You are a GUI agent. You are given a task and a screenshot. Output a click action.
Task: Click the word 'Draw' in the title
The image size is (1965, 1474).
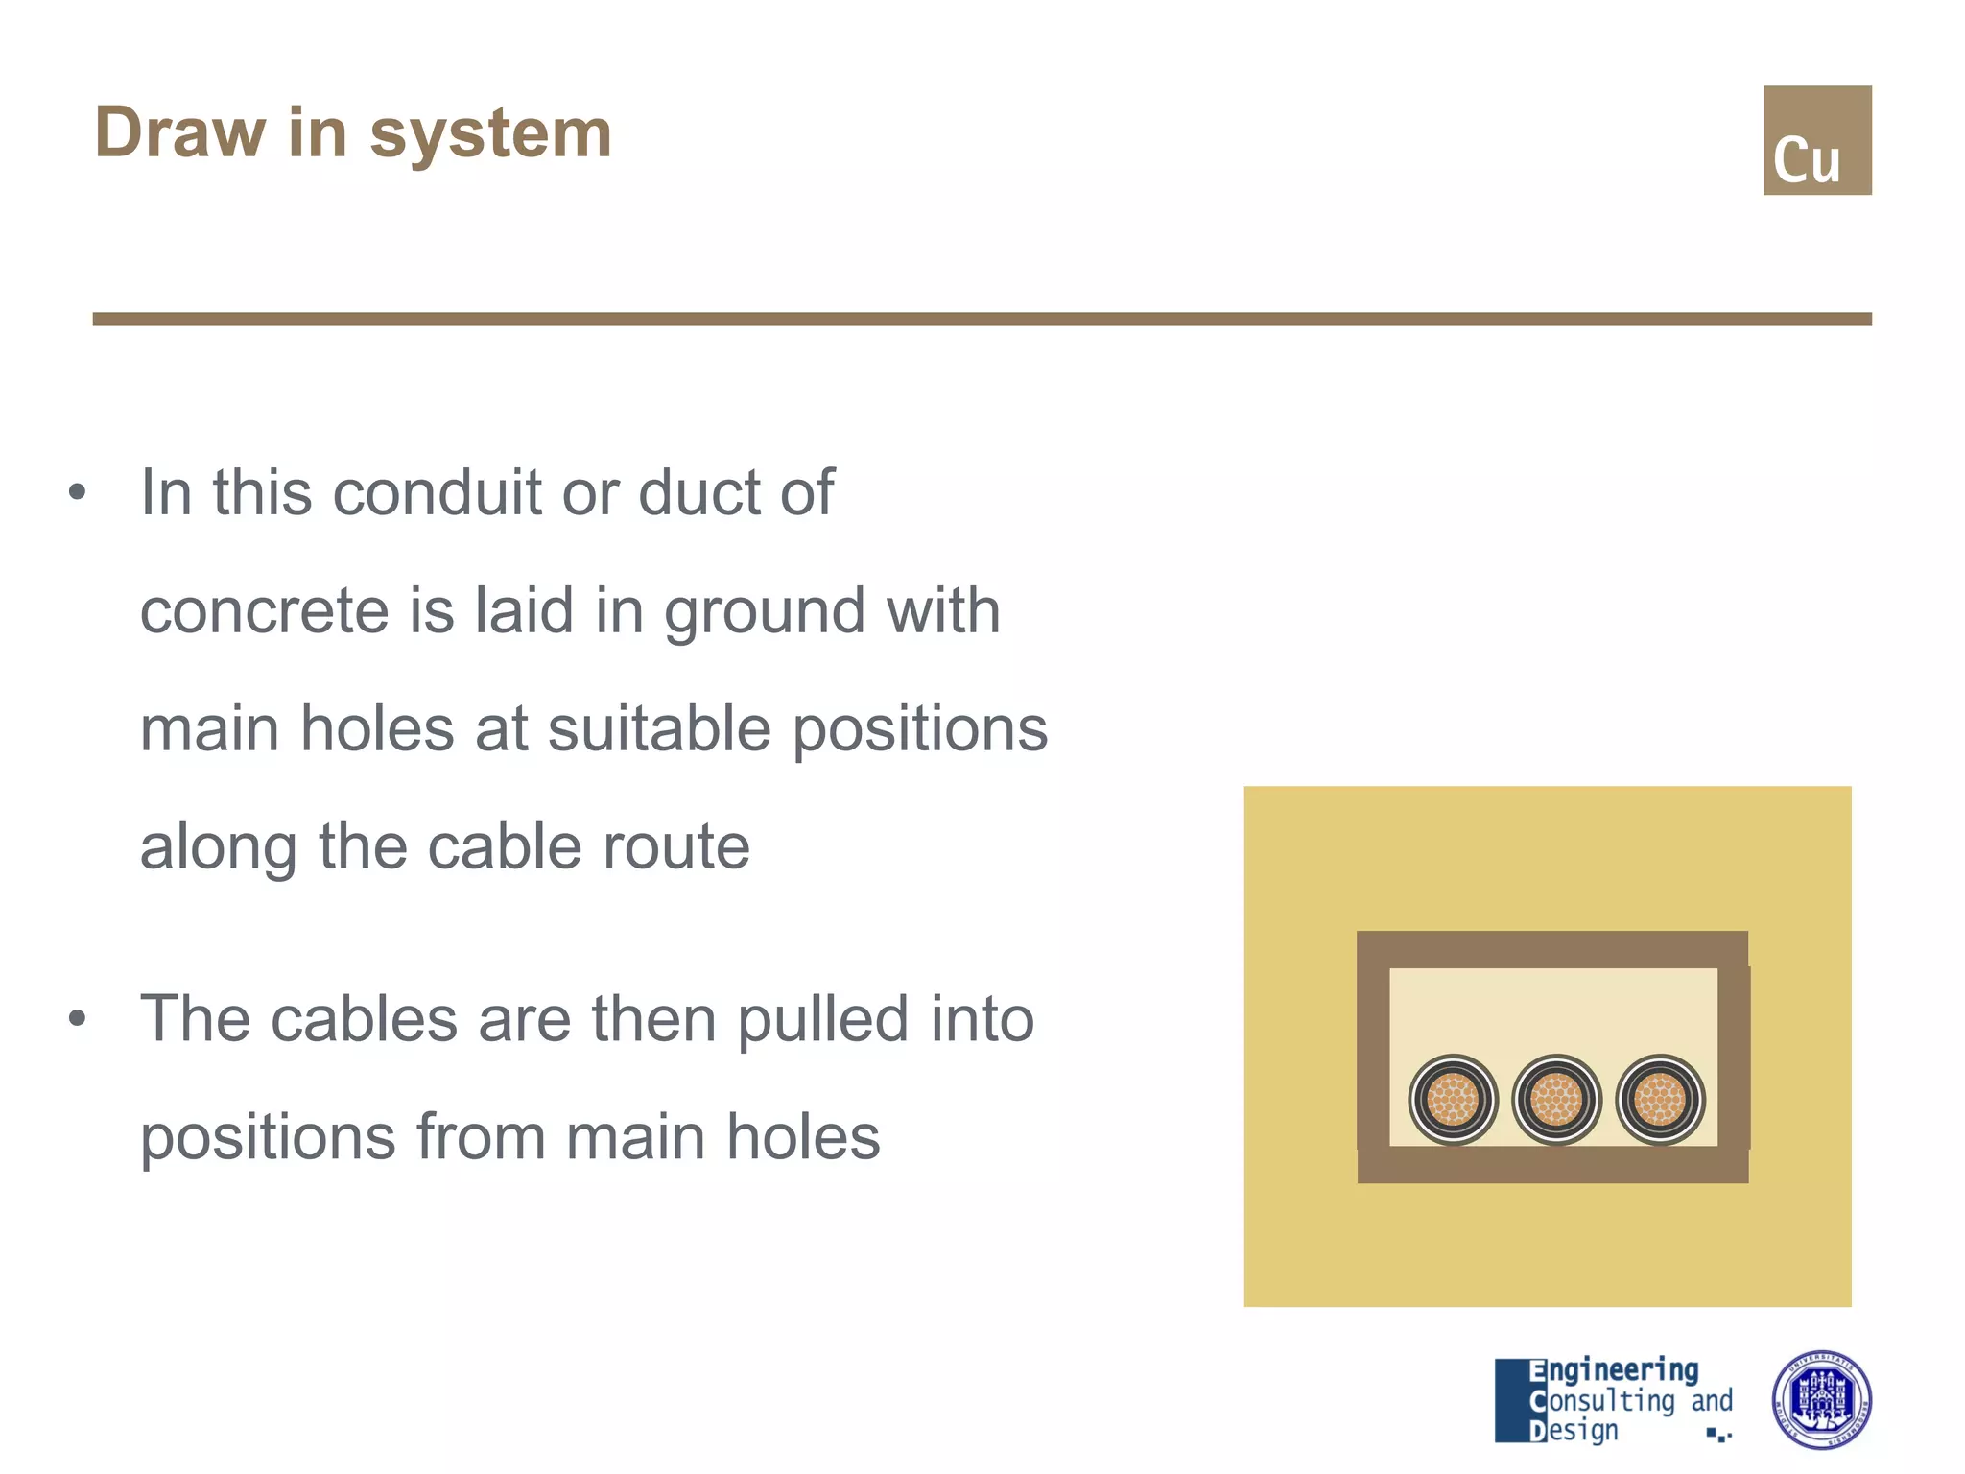tap(179, 132)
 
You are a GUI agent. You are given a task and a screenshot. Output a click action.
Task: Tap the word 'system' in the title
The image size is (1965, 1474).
tap(490, 134)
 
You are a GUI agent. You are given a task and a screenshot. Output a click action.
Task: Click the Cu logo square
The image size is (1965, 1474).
tap(1816, 140)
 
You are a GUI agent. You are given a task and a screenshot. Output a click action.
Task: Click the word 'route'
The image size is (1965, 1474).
tap(683, 846)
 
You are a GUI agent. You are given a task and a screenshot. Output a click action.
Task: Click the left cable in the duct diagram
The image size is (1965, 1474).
tap(1453, 1100)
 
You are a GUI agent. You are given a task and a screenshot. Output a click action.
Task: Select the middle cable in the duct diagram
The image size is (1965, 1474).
tap(1556, 1100)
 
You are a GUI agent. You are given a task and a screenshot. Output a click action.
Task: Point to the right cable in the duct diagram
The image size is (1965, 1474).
tap(1660, 1100)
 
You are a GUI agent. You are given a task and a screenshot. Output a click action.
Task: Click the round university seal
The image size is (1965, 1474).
tap(1821, 1399)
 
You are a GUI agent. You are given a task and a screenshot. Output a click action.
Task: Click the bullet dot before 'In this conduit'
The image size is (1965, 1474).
tap(78, 493)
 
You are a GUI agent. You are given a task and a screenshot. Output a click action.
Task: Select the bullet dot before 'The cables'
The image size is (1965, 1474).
tap(78, 1019)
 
